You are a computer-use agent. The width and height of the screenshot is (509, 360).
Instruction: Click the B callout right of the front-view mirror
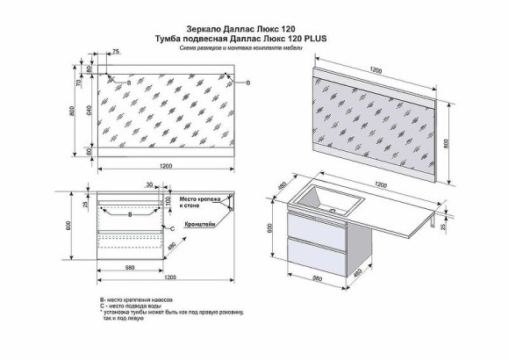pyautogui.click(x=248, y=83)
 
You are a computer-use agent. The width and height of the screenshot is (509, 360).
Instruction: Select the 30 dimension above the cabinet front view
pyautogui.click(x=150, y=185)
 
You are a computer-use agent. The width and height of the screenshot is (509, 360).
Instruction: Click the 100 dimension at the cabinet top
pyautogui.click(x=166, y=202)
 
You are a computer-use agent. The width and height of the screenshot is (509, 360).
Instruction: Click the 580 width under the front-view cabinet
pyautogui.click(x=129, y=267)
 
